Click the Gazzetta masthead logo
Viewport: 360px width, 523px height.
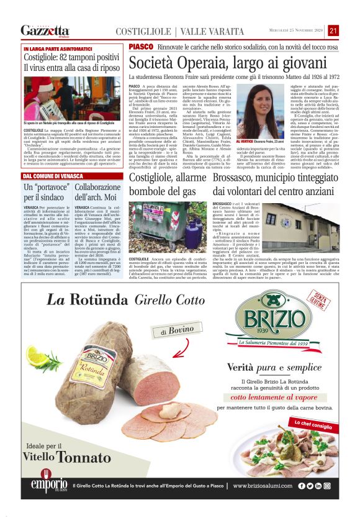point(45,31)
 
